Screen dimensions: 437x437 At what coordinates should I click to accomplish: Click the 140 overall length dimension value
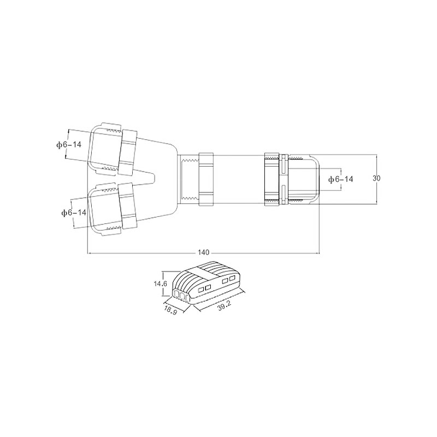[x=203, y=252]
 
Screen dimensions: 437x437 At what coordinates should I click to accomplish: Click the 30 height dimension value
[x=376, y=178]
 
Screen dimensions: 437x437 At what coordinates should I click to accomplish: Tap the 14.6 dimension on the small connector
[x=160, y=284]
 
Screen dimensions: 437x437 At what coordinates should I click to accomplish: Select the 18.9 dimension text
[x=170, y=310]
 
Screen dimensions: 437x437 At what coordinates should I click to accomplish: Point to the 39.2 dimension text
[x=225, y=306]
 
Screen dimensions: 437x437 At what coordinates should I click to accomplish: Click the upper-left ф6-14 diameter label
[x=69, y=145]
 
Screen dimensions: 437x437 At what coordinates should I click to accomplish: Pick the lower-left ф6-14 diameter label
[x=74, y=213]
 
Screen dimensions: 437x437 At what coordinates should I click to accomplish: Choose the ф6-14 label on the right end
[x=340, y=179]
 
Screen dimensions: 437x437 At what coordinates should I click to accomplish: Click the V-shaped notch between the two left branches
[x=145, y=177]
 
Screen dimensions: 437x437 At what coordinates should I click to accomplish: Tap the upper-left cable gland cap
[x=104, y=149]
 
